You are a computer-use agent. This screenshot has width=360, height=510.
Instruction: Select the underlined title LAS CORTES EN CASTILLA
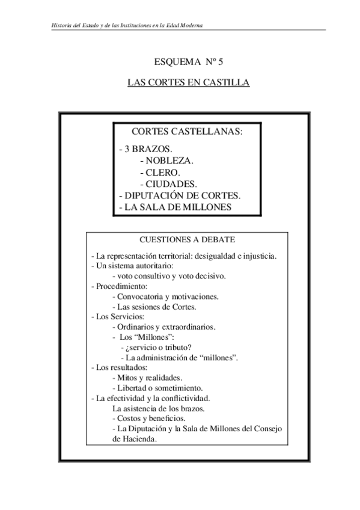coord(188,81)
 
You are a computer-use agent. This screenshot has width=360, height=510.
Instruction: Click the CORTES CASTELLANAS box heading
coord(187,132)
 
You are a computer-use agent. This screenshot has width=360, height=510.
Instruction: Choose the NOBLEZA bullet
coord(166,161)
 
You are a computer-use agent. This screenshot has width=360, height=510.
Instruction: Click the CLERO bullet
coord(159,172)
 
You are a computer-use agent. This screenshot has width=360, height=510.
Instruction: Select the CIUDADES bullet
coord(168,183)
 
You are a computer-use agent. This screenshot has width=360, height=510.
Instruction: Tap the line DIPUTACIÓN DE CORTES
coord(180,195)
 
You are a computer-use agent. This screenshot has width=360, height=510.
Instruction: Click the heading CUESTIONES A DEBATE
coord(188,239)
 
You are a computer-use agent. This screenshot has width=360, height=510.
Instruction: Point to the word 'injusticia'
coord(257,256)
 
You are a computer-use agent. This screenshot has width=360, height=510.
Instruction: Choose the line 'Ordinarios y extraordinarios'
coord(163,327)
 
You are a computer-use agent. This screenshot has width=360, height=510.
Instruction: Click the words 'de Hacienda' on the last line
coord(135,438)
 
